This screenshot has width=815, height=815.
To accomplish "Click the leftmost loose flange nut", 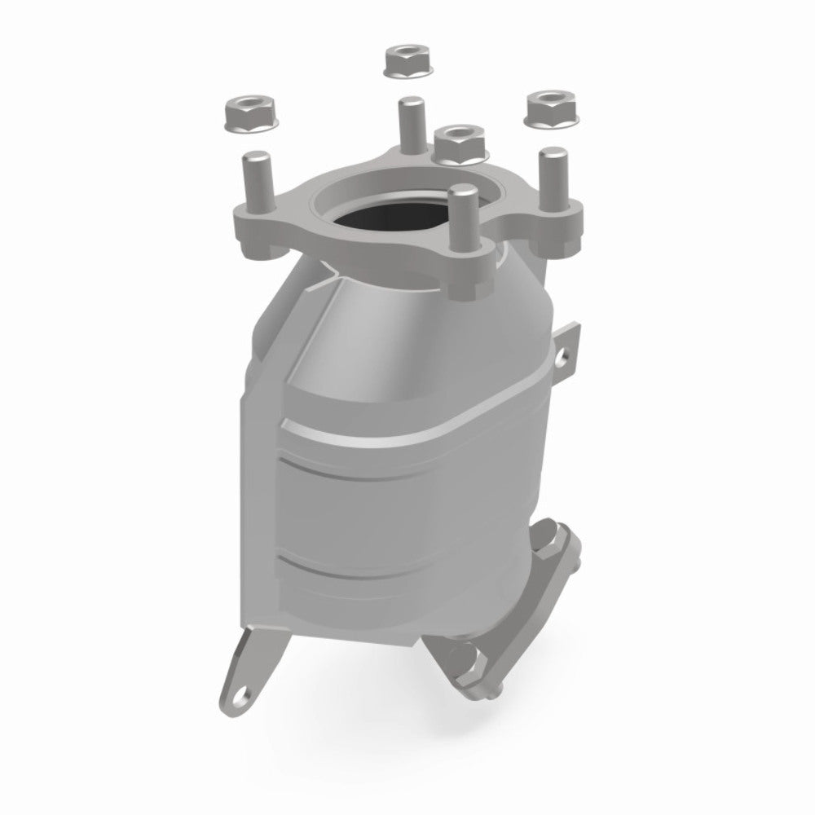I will (x=249, y=112).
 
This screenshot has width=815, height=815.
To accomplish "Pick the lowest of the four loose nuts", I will (x=460, y=143).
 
